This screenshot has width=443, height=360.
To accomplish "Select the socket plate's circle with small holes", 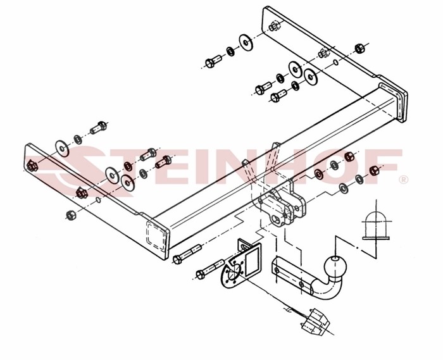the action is (234, 275).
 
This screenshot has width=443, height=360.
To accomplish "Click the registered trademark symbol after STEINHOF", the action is (404, 179).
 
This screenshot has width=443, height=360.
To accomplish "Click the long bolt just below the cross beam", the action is (187, 254).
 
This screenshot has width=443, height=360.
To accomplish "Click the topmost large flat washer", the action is (246, 42).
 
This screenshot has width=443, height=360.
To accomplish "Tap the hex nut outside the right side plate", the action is (359, 48).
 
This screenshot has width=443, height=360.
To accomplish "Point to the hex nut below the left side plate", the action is (71, 215).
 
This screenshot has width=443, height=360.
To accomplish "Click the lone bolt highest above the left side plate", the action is (98, 128).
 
